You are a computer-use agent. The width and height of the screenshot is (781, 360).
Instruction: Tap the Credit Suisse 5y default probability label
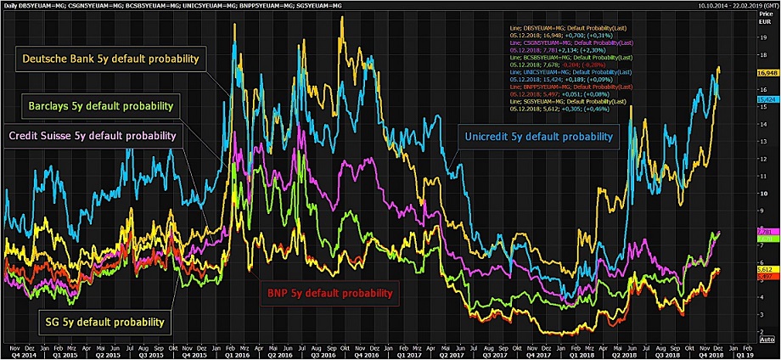click(x=92, y=135)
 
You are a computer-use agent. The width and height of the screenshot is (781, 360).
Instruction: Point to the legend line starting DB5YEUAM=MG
click(x=561, y=29)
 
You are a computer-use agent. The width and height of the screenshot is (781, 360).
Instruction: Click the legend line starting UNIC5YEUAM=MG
click(x=561, y=73)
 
